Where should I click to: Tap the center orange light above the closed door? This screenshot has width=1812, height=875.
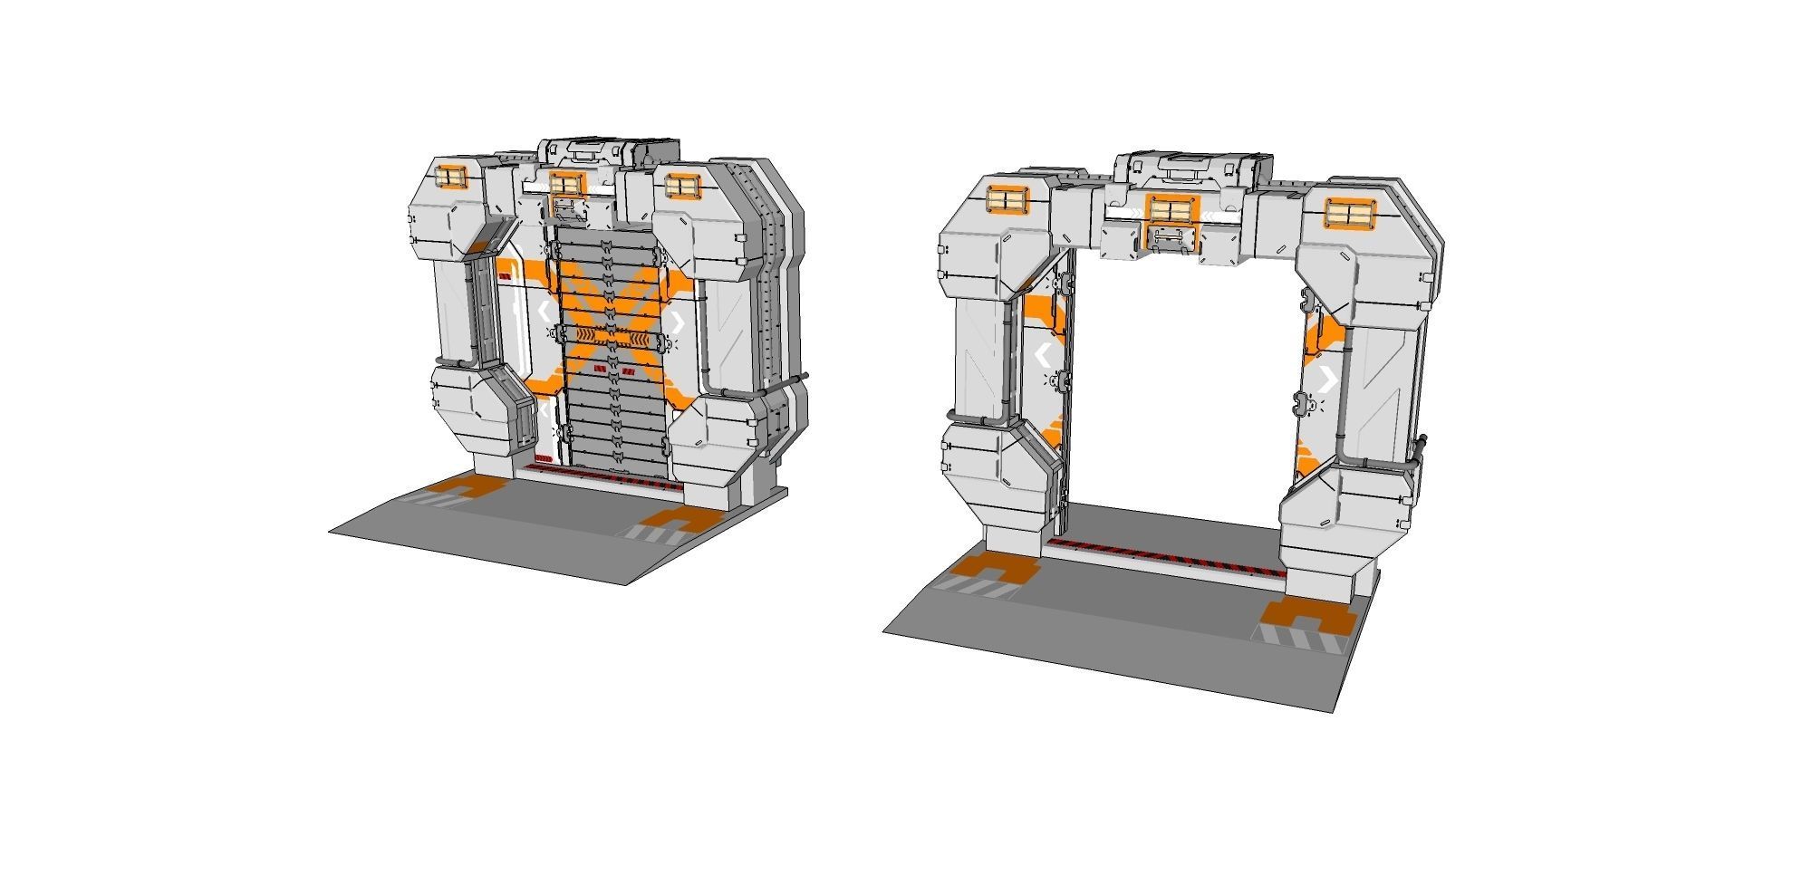(x=564, y=184)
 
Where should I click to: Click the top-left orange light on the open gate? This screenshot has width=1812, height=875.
(x=1007, y=200)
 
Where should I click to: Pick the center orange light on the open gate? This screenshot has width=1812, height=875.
(x=1170, y=210)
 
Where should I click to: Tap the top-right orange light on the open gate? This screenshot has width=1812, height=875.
(x=1350, y=214)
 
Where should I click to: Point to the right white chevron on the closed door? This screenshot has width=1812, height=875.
(x=677, y=322)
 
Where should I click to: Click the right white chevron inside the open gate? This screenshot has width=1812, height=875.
(x=1328, y=380)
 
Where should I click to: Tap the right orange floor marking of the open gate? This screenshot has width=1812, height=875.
(x=1306, y=620)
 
